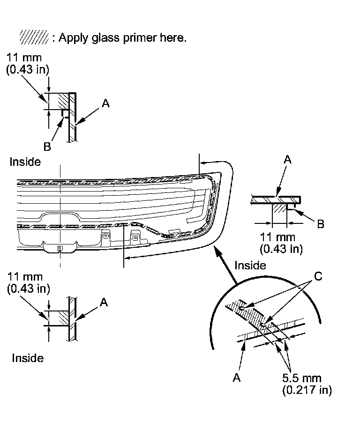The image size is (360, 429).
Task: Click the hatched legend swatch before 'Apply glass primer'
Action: click(34, 37)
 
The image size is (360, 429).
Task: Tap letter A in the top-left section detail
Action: click(105, 104)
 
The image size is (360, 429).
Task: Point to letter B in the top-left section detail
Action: click(47, 147)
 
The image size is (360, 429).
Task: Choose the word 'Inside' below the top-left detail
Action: click(25, 162)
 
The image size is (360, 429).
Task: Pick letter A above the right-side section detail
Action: click(288, 160)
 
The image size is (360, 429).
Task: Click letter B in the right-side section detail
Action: click(321, 224)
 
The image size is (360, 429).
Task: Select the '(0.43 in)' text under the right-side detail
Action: click(281, 248)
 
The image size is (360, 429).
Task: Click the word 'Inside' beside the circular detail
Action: click(250, 266)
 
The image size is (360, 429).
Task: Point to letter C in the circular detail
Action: click(318, 276)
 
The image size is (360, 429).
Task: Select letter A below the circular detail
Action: click(237, 378)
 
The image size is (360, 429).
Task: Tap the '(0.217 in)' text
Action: click(307, 390)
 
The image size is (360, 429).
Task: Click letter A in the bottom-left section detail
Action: click(104, 303)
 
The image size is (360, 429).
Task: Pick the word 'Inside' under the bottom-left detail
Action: click(28, 358)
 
